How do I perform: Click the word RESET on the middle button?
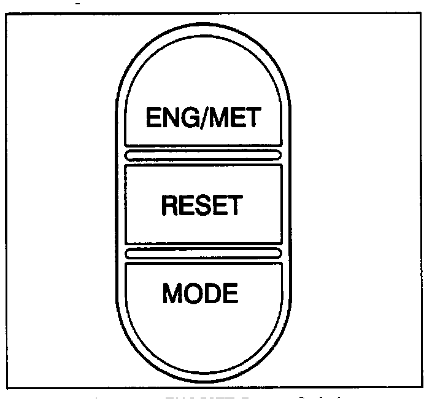(x=201, y=205)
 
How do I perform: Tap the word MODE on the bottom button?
(x=200, y=294)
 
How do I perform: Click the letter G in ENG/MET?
(x=187, y=117)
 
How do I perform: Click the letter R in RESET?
(x=169, y=205)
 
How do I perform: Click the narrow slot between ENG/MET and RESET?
(x=202, y=154)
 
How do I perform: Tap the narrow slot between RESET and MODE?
(x=202, y=253)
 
